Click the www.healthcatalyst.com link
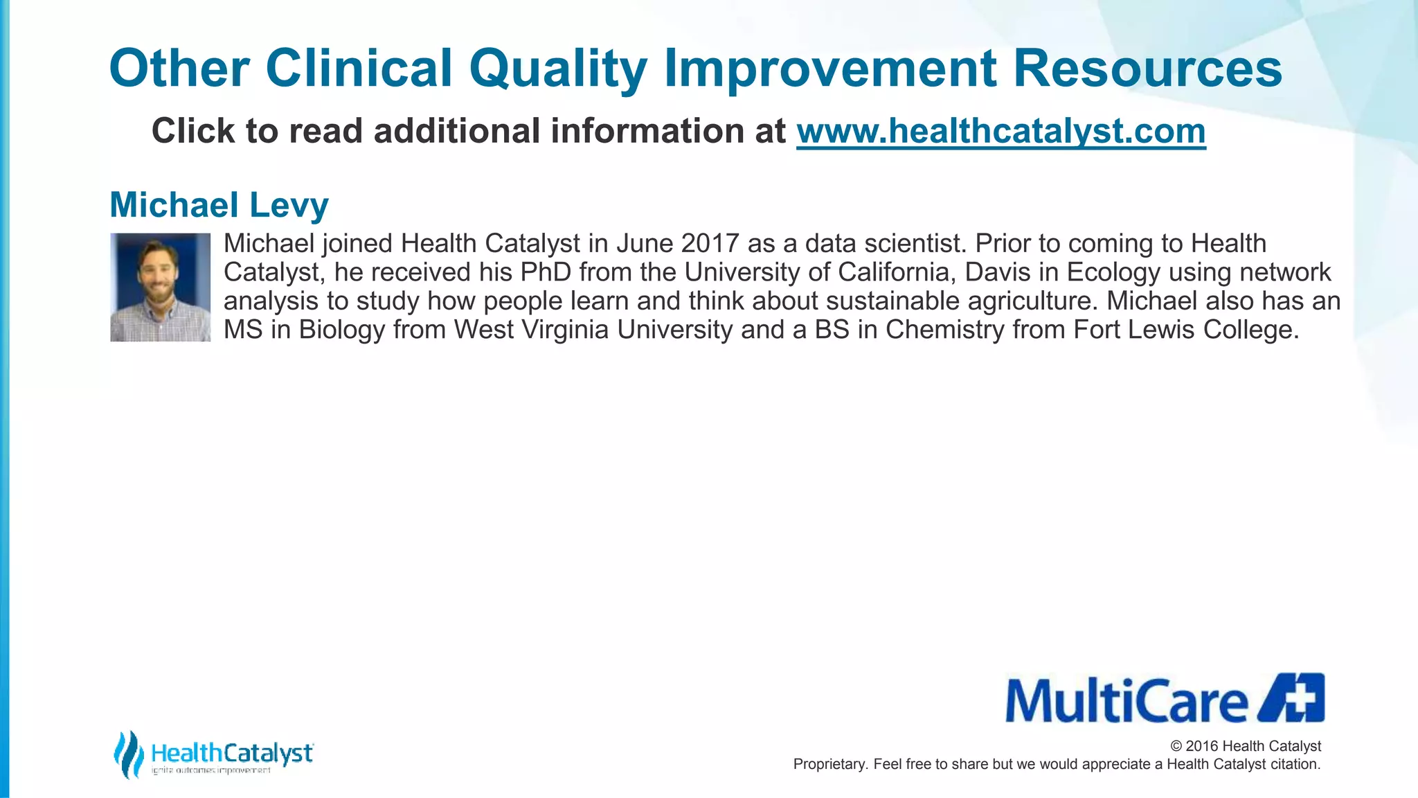point(1000,131)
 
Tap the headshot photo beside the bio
point(160,287)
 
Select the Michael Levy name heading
point(219,205)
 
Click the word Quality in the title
point(558,69)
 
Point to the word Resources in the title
point(1147,69)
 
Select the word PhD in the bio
point(546,272)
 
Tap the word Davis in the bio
point(994,272)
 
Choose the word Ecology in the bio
point(1113,272)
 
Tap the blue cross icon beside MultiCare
point(1292,698)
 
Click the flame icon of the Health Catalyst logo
point(128,754)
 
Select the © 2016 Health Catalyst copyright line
point(1246,746)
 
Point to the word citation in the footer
point(1295,764)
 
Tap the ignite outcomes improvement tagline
point(211,771)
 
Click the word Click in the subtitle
point(193,131)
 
